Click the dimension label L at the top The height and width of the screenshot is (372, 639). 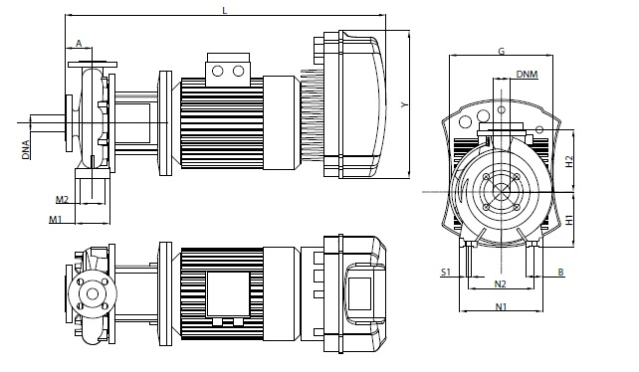[225, 10]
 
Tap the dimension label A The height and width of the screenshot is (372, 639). [79, 43]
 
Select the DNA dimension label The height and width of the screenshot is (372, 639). [26, 149]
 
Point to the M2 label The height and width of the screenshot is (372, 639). [62, 199]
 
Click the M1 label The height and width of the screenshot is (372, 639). [56, 220]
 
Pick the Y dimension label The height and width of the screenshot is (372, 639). [404, 104]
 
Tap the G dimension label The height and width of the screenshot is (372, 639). [502, 51]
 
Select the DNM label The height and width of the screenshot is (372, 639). [527, 75]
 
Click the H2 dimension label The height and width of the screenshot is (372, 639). [569, 161]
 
